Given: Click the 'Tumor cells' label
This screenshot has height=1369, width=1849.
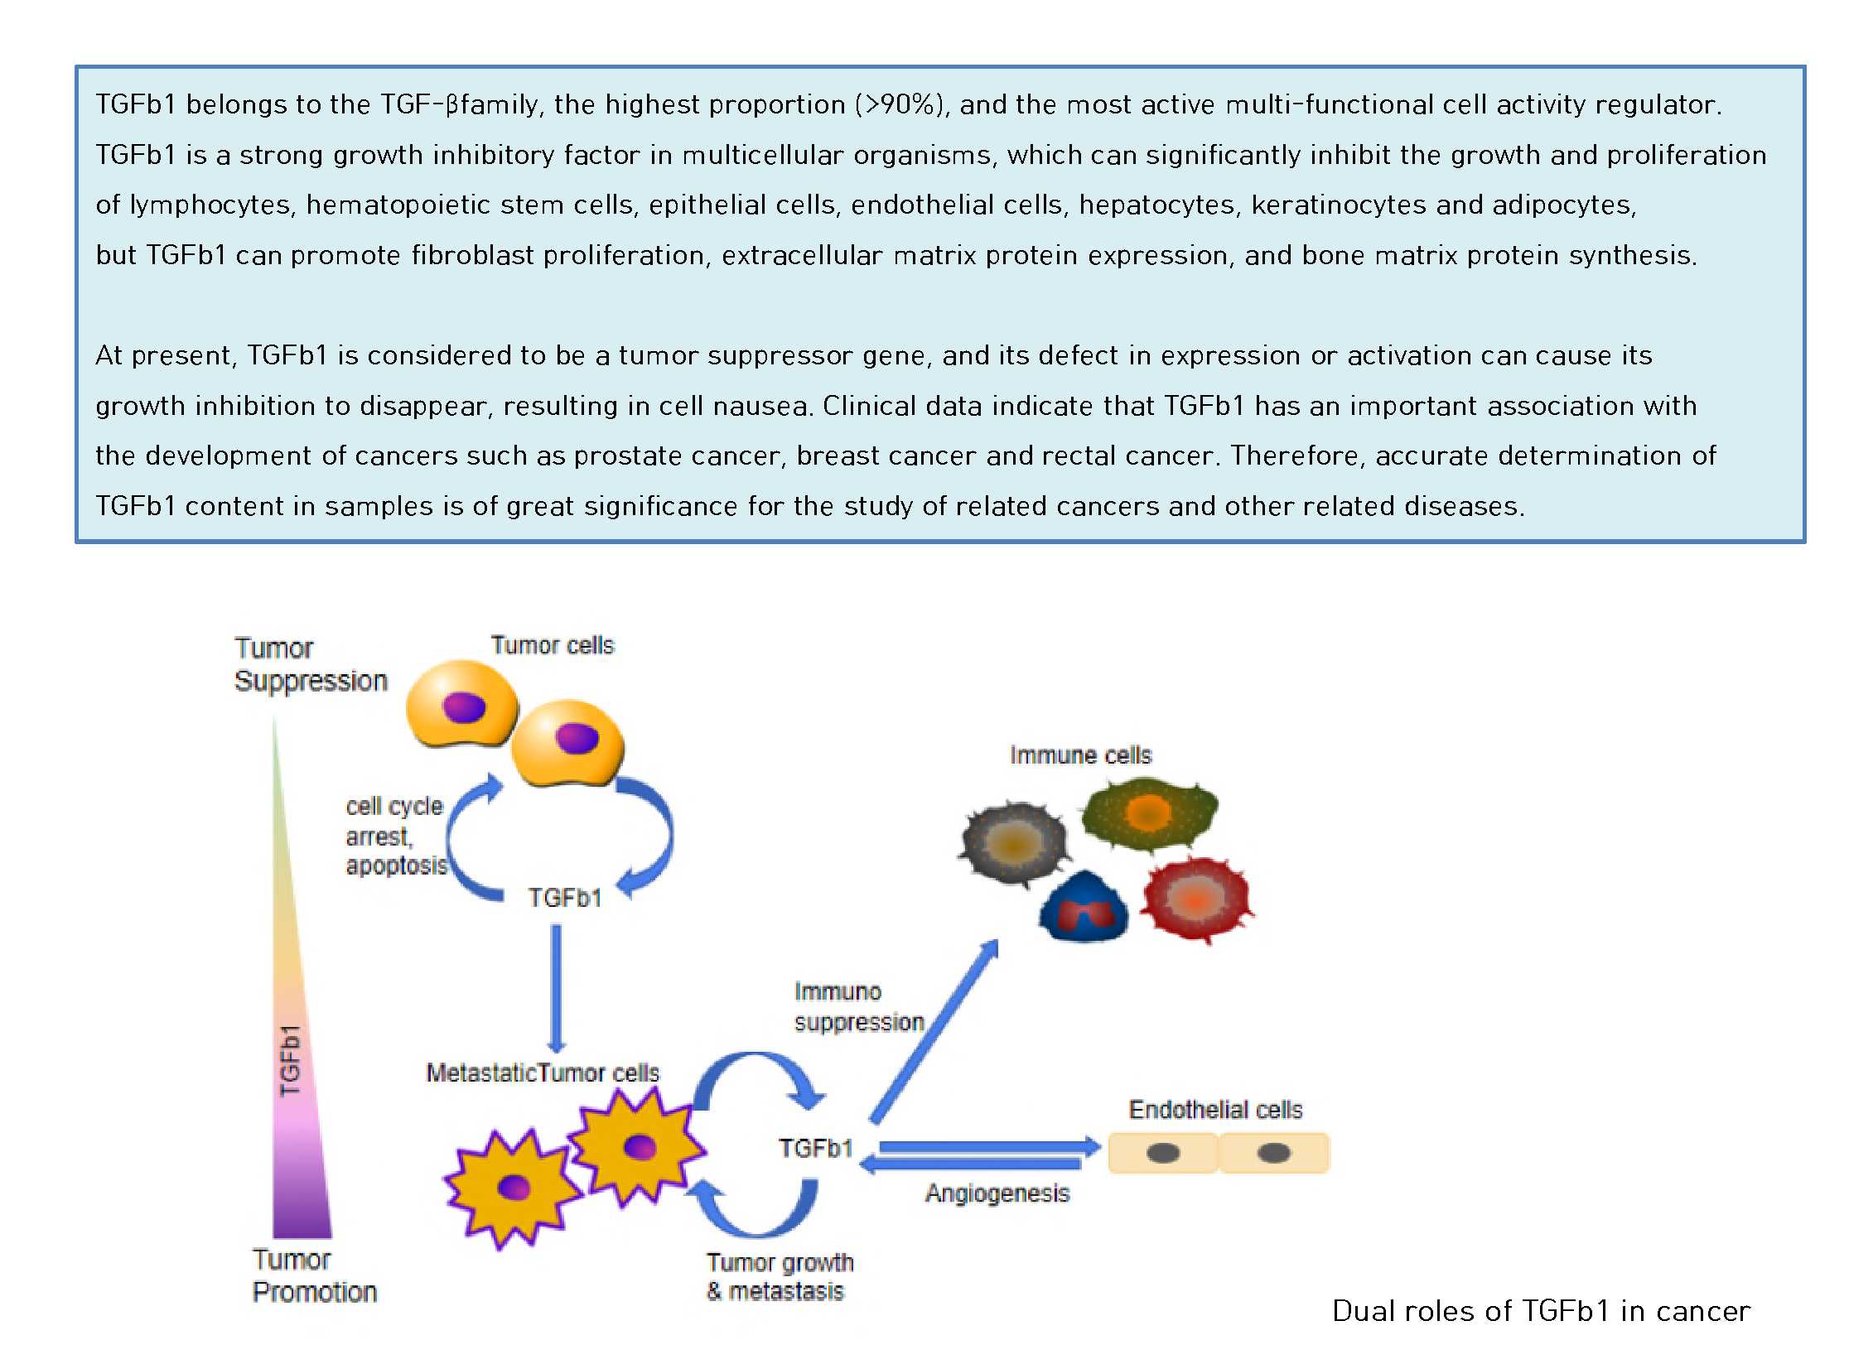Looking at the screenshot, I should coord(552,645).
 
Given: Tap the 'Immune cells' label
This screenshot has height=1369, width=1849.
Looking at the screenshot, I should coord(1080,756).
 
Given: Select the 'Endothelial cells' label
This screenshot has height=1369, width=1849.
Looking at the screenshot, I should coord(1215,1111).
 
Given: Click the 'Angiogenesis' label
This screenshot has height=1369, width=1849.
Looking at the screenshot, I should coord(997,1194).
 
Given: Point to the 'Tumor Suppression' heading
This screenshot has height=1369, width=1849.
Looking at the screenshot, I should coord(310,664).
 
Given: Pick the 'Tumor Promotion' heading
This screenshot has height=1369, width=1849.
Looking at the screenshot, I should coord(314,1276).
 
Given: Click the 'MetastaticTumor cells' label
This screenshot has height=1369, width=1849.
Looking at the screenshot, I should coord(543,1073).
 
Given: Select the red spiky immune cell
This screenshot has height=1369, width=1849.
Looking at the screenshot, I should coord(1195,900).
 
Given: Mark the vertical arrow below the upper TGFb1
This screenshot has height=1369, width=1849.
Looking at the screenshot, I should coord(556,987).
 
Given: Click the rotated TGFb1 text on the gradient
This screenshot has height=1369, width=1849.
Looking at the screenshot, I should coord(290,1061).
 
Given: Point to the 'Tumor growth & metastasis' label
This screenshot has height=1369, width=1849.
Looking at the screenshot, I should coord(779,1277).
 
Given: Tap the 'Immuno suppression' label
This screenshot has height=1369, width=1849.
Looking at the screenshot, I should coord(857,1007).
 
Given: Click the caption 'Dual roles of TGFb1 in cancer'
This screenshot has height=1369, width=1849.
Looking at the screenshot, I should coord(1540,1311).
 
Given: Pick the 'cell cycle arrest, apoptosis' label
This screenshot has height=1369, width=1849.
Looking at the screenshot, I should coord(395,836).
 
